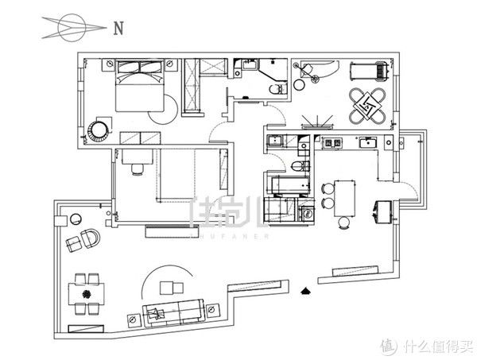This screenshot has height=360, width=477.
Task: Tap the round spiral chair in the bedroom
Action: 100,130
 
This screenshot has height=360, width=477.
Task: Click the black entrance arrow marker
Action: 306,291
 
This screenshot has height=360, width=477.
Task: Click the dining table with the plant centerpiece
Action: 86,294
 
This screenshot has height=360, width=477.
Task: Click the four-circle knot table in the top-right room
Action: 366,106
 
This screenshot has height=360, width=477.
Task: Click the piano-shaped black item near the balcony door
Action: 383,210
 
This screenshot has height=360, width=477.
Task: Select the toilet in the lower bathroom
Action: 296,167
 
